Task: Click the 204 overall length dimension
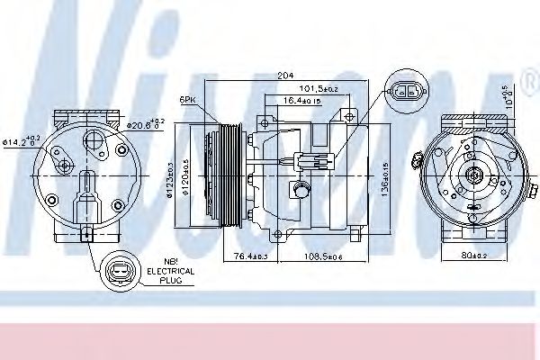(x=287, y=76)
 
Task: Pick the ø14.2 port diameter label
(x=22, y=139)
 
